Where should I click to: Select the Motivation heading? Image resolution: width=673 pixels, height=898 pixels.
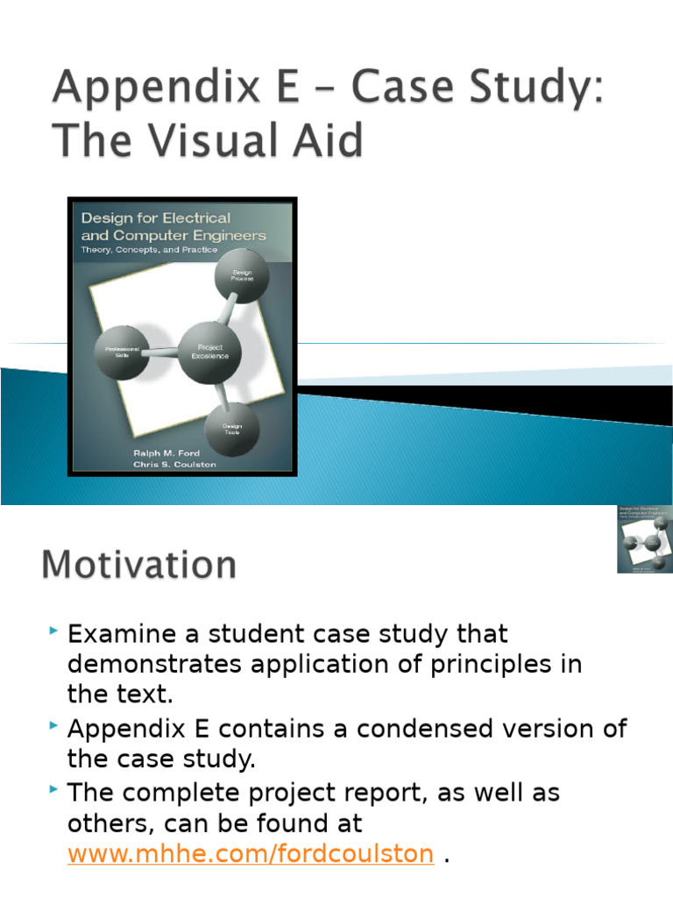pos(138,564)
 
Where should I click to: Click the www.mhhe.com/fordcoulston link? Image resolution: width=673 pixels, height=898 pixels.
pos(251,853)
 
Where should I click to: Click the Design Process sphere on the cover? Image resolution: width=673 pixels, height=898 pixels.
pos(242,275)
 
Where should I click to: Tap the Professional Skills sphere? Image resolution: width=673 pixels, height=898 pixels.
pos(123,352)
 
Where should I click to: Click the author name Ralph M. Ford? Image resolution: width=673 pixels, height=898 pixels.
pos(166,453)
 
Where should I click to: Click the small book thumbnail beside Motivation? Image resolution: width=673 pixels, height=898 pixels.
pos(644,539)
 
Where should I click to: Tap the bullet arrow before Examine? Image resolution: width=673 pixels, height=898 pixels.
pos(55,631)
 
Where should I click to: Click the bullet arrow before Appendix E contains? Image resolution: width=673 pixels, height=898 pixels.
pos(55,727)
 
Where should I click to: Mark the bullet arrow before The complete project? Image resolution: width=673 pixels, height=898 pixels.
pos(55,791)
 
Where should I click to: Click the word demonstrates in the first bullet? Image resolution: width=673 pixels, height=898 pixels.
pos(154,665)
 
